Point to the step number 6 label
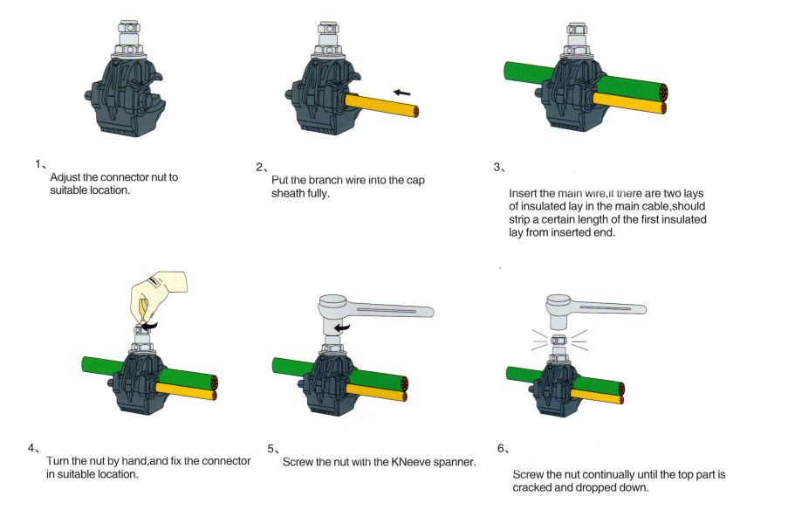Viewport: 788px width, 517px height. pyautogui.click(x=502, y=449)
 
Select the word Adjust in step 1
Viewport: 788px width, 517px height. pyautogui.click(x=67, y=177)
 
